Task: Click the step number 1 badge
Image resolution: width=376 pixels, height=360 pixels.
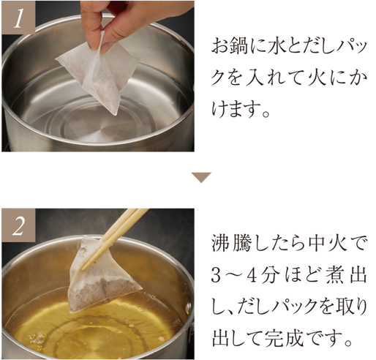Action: [x=18, y=18]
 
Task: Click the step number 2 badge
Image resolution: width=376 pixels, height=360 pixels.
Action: [x=18, y=225]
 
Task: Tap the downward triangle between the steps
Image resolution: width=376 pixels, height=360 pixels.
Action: [x=201, y=177]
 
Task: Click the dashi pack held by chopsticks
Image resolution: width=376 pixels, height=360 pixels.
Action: [x=102, y=276]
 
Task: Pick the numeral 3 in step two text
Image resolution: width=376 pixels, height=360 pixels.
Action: [x=216, y=277]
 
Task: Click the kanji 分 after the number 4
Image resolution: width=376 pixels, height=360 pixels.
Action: [x=268, y=277]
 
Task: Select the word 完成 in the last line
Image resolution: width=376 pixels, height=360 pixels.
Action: [x=283, y=339]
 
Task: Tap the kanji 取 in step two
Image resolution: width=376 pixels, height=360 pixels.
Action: [x=345, y=308]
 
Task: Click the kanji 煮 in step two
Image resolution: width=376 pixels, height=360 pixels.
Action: [x=334, y=277]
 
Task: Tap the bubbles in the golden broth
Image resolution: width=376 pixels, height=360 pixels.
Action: [x=37, y=338]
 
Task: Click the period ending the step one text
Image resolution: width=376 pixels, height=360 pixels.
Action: [x=266, y=113]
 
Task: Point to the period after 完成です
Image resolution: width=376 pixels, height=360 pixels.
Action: [x=349, y=342]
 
